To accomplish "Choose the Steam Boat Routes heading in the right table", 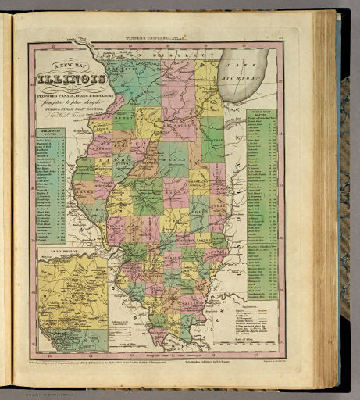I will pos(262,114).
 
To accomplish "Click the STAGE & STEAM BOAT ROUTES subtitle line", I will pos(74,109).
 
